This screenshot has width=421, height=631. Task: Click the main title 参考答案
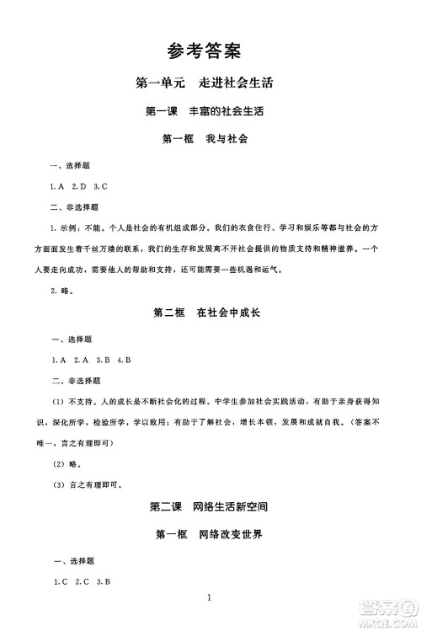[205, 51]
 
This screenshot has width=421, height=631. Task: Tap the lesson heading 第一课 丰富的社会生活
[205, 111]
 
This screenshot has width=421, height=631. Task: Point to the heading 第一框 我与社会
[205, 138]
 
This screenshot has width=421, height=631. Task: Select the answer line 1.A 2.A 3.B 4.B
[90, 360]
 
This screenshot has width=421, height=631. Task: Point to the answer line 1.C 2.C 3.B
[83, 581]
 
